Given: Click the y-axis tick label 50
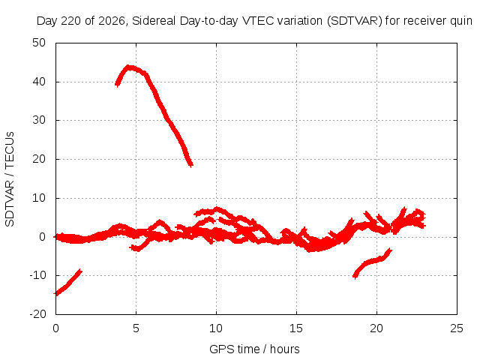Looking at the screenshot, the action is (39, 43).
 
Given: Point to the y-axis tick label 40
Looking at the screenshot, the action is (39, 82).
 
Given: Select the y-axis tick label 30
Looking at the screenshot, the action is (39, 120).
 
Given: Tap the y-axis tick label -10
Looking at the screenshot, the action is (37, 275).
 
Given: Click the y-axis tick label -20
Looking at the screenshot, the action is (37, 314).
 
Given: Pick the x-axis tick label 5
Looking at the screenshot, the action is (136, 328).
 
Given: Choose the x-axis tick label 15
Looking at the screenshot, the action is (296, 328).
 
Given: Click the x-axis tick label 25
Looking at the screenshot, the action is (457, 328).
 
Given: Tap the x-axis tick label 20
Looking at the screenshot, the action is (376, 328).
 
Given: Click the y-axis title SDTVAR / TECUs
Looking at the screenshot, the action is (10, 179).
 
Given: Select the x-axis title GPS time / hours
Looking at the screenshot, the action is (254, 349).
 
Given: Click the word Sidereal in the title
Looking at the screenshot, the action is (154, 21).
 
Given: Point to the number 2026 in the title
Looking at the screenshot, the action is (112, 21).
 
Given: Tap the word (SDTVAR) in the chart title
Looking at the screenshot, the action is (355, 21).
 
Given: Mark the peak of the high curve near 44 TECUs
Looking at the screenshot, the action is (130, 67).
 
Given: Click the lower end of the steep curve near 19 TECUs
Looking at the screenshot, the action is (190, 165).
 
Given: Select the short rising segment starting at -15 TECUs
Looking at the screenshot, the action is (67, 283).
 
